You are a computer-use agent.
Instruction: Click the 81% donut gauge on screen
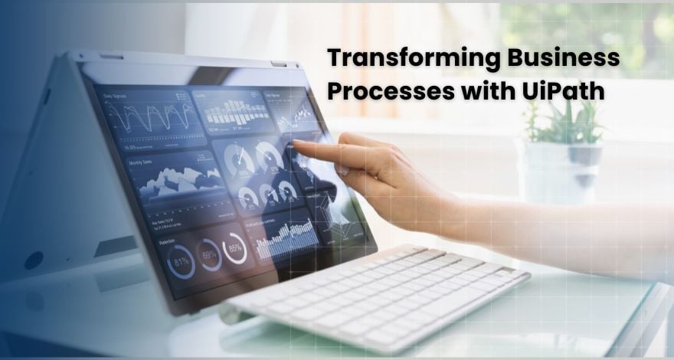click(x=181, y=261)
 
